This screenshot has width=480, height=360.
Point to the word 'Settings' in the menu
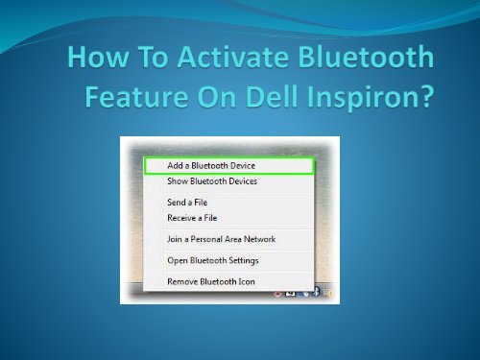tap(242, 260)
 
